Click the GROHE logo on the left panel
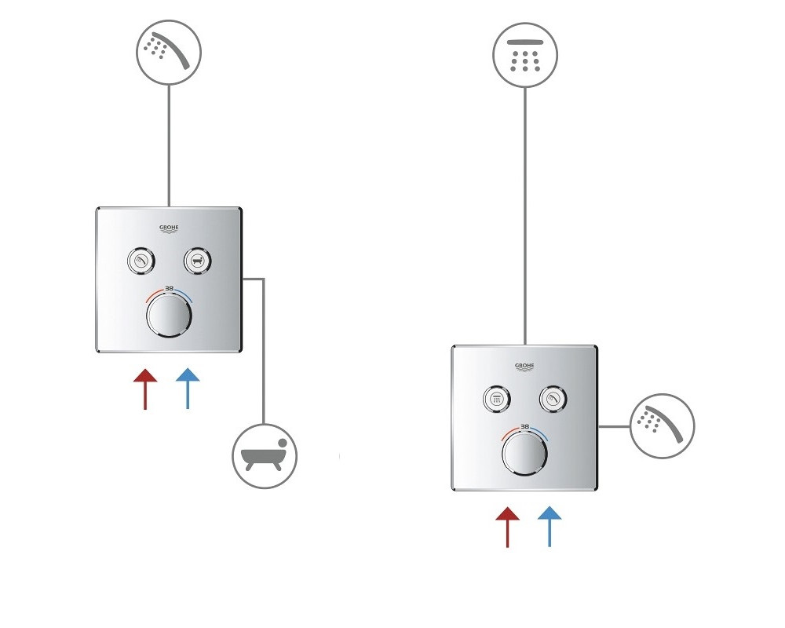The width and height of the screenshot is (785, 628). point(169,229)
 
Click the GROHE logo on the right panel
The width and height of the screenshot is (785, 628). point(524,367)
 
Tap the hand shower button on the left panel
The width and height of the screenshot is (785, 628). point(141,261)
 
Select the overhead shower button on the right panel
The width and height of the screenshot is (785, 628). point(497,399)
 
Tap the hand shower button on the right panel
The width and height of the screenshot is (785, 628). point(553,399)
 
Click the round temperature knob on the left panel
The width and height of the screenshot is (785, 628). point(170,316)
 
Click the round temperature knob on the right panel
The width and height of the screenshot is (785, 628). point(524,454)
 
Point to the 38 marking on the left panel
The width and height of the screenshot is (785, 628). point(170,288)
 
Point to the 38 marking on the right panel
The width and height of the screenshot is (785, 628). point(524,427)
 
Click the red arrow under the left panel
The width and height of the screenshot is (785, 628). point(145,389)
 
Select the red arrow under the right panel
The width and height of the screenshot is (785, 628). point(507,527)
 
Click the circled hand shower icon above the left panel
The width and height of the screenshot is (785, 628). point(169,52)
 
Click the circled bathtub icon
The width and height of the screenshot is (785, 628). point(265,456)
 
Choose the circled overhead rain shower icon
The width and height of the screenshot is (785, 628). point(524,55)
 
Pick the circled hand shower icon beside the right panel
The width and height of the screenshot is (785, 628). point(662,426)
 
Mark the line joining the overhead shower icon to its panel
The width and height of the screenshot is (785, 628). point(524,216)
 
